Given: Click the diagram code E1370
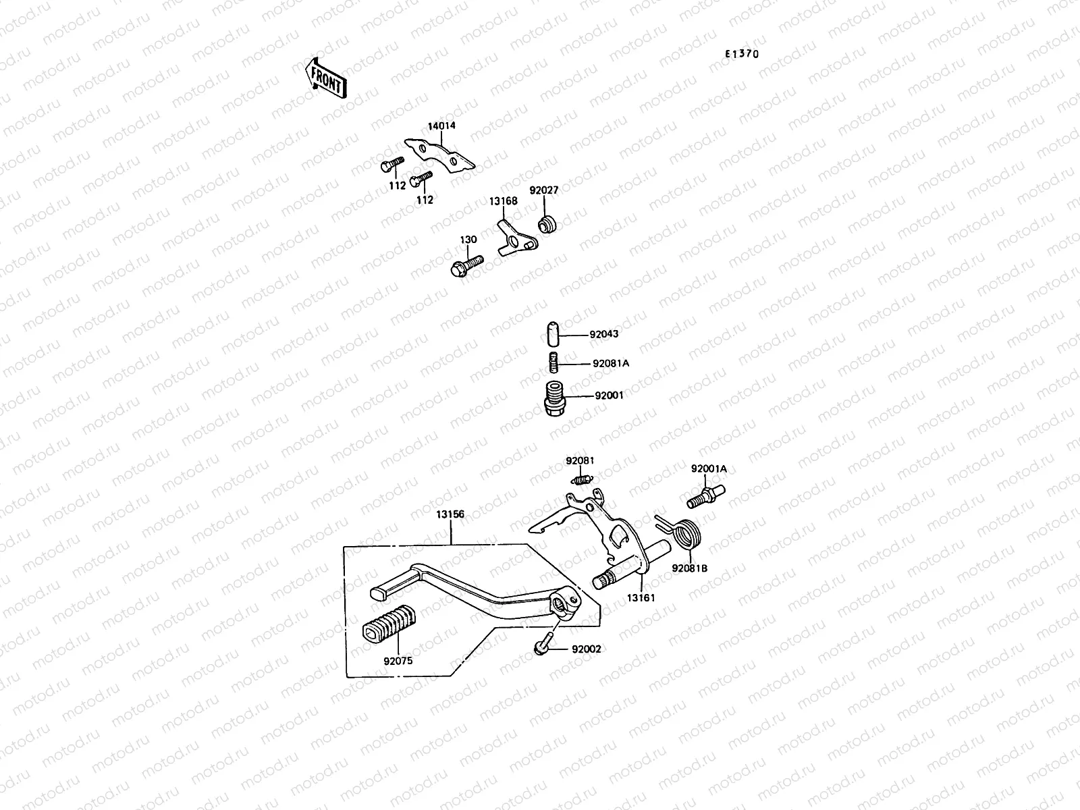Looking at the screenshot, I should (741, 54).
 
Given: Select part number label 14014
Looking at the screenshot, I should (441, 126).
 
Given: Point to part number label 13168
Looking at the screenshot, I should (504, 201).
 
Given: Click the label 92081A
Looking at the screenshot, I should (610, 363).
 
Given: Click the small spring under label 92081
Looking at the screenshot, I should (581, 480).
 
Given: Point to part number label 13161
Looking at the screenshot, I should (640, 597).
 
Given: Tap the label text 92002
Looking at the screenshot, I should (586, 649).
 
